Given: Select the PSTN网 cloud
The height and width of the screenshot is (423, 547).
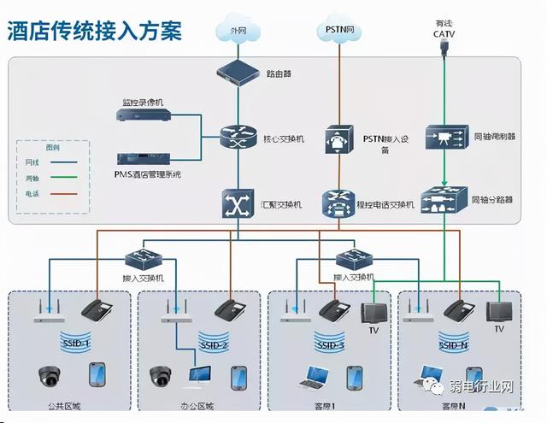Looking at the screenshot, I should click(338, 32).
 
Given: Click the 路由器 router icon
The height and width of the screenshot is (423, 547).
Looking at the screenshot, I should click(236, 73).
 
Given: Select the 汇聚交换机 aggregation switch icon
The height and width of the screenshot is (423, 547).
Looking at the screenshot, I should click(236, 203).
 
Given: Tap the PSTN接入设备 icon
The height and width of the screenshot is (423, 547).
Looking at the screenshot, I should click(338, 139).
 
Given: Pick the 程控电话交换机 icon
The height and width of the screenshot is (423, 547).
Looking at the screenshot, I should click(338, 203).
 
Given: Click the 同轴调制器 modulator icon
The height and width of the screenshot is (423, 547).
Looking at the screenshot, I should click(444, 138).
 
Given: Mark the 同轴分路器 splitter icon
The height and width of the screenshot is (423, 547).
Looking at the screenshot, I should click(444, 198).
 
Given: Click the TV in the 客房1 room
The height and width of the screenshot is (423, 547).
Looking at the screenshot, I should click(373, 313).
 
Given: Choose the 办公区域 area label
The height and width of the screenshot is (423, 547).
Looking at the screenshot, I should click(197, 405).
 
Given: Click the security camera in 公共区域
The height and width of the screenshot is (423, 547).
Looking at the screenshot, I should click(50, 376).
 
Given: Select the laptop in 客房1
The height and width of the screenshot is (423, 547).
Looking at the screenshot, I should click(317, 376).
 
